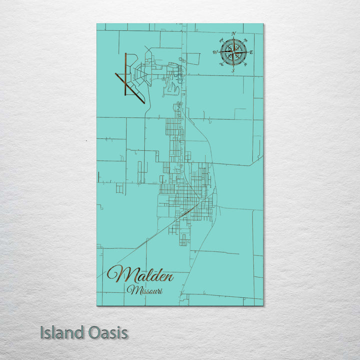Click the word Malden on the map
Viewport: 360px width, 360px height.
141,274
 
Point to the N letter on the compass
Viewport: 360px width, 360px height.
233,34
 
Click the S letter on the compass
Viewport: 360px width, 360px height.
233,71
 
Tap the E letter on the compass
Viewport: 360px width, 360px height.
251,52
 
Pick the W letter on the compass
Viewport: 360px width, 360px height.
215,52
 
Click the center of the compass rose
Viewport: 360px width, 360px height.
233,52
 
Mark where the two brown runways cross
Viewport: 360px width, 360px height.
123,81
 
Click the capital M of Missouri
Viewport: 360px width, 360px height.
131,289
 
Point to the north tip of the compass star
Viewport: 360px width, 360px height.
233,38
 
